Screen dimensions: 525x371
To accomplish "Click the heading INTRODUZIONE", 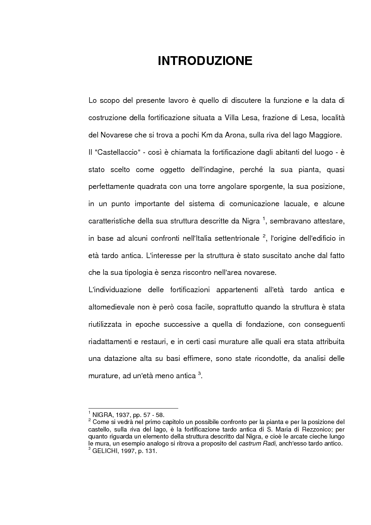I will pos(205,61).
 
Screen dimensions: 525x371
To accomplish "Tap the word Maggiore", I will pos(325,136).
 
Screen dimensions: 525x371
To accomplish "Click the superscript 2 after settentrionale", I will pos(264,235).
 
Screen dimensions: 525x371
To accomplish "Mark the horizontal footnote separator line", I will pos(133,408).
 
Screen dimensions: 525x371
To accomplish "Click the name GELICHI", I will pos(105,451).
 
